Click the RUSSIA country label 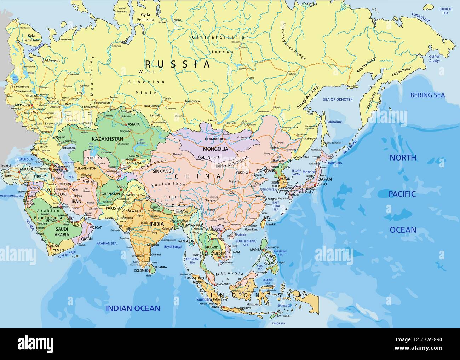click(178, 64)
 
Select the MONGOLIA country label click(215, 149)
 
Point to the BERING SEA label click(427, 95)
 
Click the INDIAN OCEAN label click(133, 308)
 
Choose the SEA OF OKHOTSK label click(336, 100)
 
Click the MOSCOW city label click(23, 105)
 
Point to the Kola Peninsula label click(31, 38)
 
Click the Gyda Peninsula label click(147, 17)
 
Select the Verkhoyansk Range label click(293, 42)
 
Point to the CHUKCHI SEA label click(445, 11)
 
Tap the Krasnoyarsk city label click(192, 101)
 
